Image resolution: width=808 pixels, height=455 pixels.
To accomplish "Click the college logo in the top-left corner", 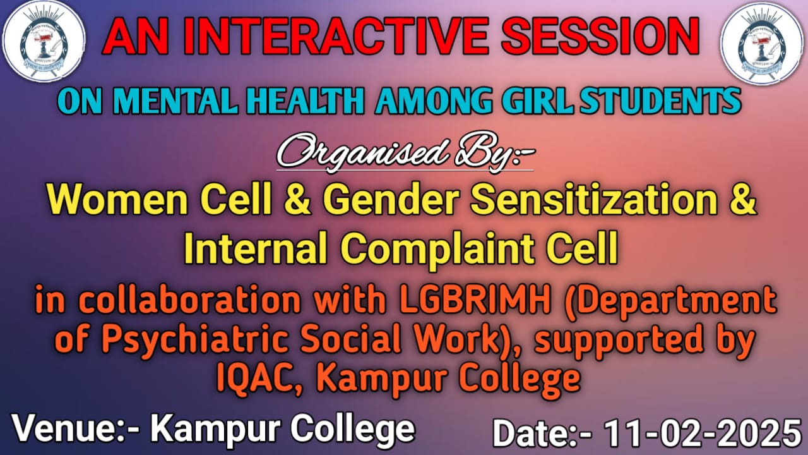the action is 44,41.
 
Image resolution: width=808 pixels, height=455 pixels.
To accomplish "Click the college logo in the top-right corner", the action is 763,44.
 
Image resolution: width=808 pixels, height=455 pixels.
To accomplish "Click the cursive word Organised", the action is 362,154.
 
